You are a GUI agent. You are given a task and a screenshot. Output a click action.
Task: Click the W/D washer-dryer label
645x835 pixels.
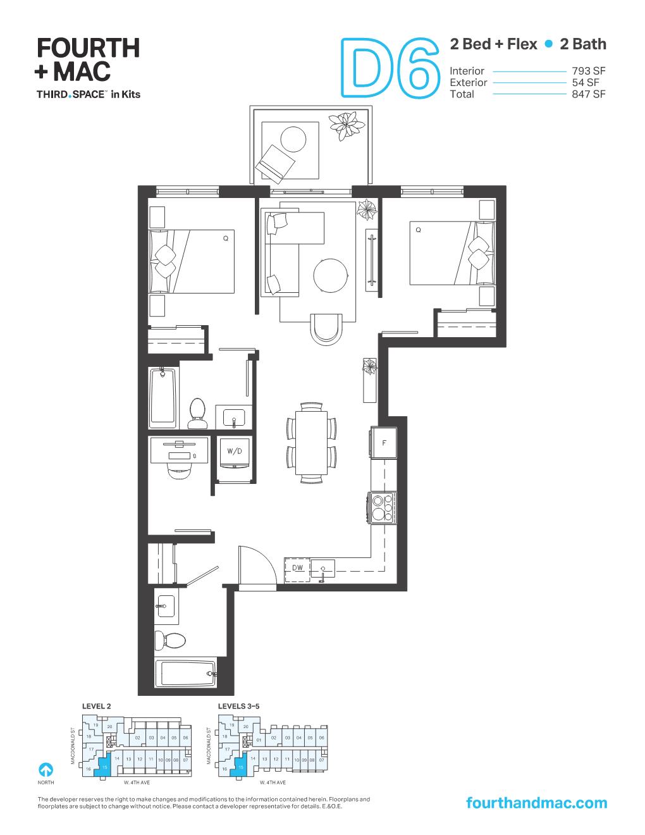click(x=235, y=451)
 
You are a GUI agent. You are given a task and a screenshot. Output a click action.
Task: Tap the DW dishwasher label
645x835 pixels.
click(x=298, y=568)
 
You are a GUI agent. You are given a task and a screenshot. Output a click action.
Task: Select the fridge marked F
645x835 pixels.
click(x=384, y=443)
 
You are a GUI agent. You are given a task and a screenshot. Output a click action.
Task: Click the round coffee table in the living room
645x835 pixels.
click(x=331, y=275)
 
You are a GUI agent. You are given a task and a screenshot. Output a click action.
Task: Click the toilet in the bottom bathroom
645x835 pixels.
click(x=171, y=640)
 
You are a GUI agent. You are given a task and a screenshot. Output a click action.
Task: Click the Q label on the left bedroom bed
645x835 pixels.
click(x=225, y=239)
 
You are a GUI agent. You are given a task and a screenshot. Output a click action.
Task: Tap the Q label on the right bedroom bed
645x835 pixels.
click(x=418, y=230)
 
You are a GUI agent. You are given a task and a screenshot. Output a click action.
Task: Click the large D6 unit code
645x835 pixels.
click(x=390, y=68)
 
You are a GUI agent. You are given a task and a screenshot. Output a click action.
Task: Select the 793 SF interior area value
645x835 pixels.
click(x=588, y=71)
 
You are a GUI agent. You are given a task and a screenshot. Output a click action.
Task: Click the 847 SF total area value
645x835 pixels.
click(x=588, y=94)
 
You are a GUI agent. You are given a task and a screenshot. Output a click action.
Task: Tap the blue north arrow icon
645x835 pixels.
click(x=46, y=769)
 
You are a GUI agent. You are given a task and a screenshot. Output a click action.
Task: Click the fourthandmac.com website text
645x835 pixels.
click(x=536, y=803)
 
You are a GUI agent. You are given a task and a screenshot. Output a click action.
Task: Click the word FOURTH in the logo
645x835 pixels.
click(x=88, y=48)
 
